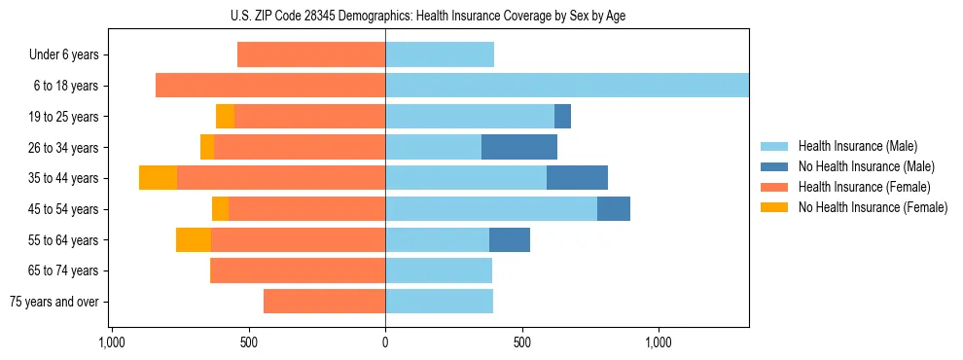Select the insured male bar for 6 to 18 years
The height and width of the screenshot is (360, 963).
(x=567, y=86)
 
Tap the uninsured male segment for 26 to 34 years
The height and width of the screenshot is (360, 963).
(x=519, y=147)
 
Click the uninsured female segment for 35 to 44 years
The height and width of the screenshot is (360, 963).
(x=158, y=178)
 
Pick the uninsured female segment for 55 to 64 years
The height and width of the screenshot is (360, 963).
(x=194, y=239)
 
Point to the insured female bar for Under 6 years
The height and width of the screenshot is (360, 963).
(x=311, y=54)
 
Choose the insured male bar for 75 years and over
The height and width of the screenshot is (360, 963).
(x=439, y=302)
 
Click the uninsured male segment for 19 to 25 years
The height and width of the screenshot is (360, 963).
(x=562, y=117)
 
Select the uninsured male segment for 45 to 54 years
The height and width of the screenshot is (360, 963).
(x=614, y=209)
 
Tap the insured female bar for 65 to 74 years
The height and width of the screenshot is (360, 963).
(x=298, y=270)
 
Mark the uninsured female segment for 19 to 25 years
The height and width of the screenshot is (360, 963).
(x=225, y=117)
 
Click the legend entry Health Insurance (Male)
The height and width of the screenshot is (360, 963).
(x=857, y=146)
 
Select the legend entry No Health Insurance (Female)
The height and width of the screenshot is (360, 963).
(x=873, y=207)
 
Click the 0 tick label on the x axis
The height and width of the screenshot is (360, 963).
(x=385, y=343)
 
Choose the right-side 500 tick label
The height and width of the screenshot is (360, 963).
(x=522, y=343)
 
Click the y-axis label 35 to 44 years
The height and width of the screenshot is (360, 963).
(x=64, y=178)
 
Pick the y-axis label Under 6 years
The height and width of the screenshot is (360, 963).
(x=63, y=54)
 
